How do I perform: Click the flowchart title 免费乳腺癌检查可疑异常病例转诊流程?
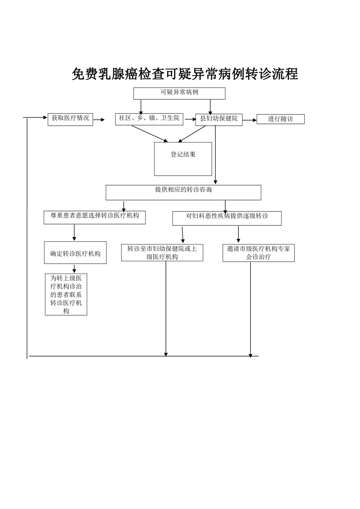[185, 74]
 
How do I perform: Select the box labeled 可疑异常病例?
[179, 93]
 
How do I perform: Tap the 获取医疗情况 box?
[70, 119]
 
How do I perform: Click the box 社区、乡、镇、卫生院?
[149, 119]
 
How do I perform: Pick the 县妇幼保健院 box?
[219, 119]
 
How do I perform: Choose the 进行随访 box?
[280, 119]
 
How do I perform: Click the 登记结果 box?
[183, 158]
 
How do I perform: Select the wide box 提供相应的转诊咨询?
[183, 192]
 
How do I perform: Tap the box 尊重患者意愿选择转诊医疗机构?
[94, 217]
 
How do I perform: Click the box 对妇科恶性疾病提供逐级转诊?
[227, 218]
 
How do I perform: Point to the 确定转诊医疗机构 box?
[75, 253]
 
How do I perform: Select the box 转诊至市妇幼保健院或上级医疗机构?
[162, 253]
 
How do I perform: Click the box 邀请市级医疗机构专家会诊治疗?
[258, 253]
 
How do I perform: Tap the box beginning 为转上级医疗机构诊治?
[66, 294]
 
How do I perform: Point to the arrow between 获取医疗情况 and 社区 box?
[99, 120]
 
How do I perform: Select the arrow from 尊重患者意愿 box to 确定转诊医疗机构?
[74, 232]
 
